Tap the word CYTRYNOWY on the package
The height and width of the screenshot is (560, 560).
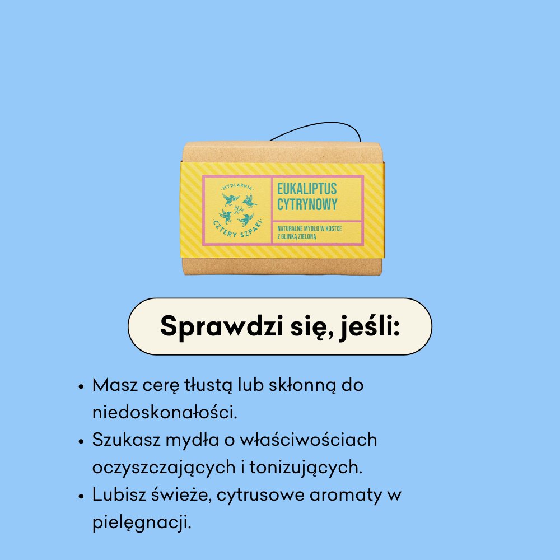(307, 204)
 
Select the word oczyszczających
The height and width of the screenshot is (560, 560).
(162, 467)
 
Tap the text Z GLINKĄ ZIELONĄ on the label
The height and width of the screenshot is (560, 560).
(297, 237)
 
